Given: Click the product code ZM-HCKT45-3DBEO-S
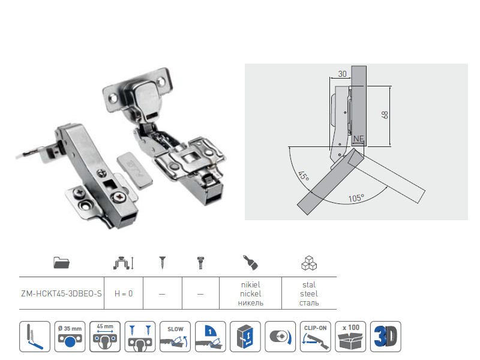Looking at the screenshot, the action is pos(61,293).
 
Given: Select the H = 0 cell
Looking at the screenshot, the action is pos(124,293).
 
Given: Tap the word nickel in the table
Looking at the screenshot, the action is pos(250,294).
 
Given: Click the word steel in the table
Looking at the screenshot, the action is pos(309,294).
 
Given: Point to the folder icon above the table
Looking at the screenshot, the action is pos(62,263).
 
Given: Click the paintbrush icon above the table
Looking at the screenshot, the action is pos(250,263).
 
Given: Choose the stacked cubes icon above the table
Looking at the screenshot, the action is pos(309,263).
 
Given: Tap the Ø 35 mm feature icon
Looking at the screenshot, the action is pos(70,337).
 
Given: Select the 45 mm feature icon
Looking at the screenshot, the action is pos(105,337).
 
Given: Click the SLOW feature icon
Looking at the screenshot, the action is pos(175,337).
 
